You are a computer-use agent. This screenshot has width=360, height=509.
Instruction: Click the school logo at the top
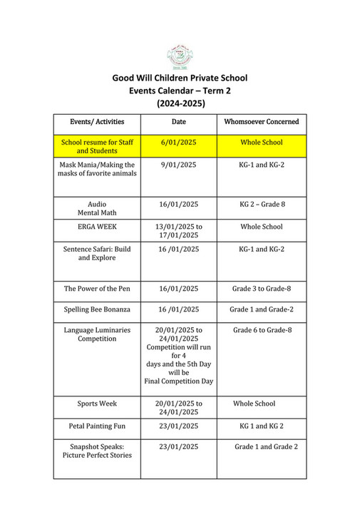tap(180, 56)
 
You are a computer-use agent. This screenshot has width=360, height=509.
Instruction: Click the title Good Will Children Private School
tap(180, 78)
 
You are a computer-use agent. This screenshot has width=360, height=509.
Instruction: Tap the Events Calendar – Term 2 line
tap(180, 91)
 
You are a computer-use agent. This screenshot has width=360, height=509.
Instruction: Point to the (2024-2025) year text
tap(180, 103)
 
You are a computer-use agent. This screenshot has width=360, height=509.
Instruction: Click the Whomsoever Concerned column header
tap(261, 122)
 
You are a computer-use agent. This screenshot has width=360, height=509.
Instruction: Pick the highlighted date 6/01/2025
tap(179, 143)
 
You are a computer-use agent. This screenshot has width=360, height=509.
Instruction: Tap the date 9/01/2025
tap(179, 165)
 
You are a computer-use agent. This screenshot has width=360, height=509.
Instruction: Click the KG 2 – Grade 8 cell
tap(261, 204)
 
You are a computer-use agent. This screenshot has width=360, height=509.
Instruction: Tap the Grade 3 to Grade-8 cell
tap(261, 289)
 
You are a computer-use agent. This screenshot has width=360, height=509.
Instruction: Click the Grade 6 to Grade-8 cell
tap(261, 330)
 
